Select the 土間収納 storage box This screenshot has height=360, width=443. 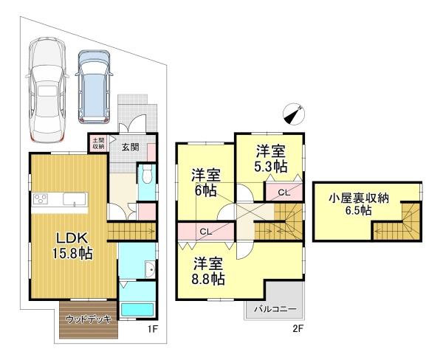point(98,144)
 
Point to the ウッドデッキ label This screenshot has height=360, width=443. point(88,319)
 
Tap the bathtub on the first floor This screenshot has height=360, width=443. point(137,308)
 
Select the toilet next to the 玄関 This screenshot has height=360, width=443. point(146,176)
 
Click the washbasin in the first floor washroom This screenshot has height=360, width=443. point(150,269)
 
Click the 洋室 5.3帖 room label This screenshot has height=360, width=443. point(271,159)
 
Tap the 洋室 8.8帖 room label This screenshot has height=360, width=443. point(210,271)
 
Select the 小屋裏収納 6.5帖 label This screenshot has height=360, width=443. point(360,203)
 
